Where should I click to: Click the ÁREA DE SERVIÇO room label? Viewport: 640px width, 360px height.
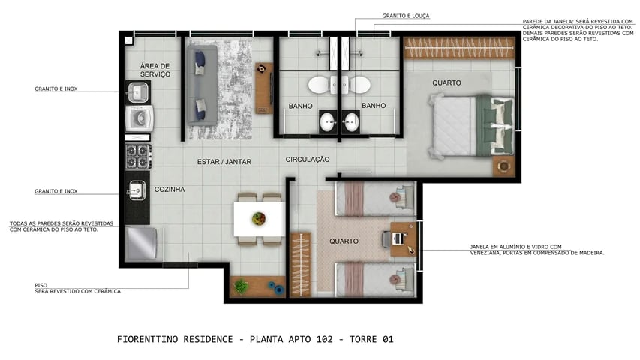pyautogui.click(x=155, y=70)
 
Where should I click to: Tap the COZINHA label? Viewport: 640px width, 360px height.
pyautogui.click(x=169, y=190)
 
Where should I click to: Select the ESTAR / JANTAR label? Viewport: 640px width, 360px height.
pyautogui.click(x=224, y=162)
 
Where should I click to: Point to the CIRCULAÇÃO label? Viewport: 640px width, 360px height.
pyautogui.click(x=308, y=160)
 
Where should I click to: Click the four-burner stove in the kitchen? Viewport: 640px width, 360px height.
pyautogui.click(x=137, y=156)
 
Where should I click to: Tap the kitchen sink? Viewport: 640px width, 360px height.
pyautogui.click(x=137, y=190)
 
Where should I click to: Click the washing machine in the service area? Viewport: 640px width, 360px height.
pyautogui.click(x=140, y=119)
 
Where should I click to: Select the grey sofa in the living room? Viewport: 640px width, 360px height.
pyautogui.click(x=202, y=86)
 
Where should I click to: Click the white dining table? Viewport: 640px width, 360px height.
pyautogui.click(x=258, y=219)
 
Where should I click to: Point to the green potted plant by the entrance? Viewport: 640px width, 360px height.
pyautogui.click(x=241, y=286)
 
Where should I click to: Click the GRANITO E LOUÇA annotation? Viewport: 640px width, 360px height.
pyautogui.click(x=406, y=16)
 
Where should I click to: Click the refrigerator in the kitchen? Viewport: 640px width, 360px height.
pyautogui.click(x=141, y=243)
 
